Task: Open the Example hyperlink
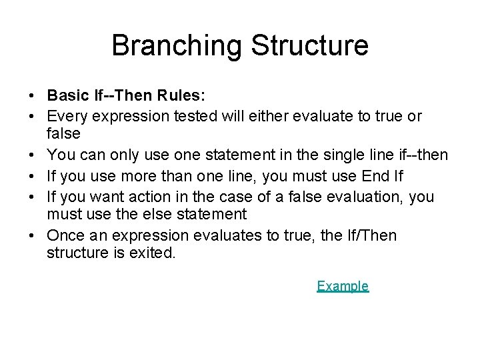pyautogui.click(x=342, y=286)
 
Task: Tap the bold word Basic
pyautogui.click(x=69, y=95)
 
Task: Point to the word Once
pyautogui.click(x=65, y=235)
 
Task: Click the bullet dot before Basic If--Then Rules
pyautogui.click(x=33, y=96)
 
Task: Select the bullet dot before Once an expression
pyautogui.click(x=33, y=236)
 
